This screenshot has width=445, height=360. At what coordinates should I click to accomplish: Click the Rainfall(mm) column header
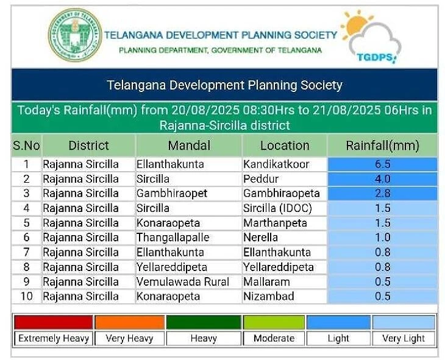click(x=382, y=146)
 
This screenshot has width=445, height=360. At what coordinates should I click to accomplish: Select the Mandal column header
click(x=189, y=146)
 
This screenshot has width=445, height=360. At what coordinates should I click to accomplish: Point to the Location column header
click(x=285, y=146)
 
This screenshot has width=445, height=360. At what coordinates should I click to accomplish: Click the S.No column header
click(x=26, y=146)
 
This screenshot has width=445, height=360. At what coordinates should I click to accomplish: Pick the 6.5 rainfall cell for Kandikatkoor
click(x=382, y=164)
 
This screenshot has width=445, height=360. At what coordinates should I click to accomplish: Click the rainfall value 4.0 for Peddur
click(x=382, y=179)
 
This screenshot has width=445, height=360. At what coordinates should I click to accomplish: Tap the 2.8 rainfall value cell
click(x=382, y=194)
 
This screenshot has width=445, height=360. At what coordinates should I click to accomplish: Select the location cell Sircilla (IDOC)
click(x=277, y=208)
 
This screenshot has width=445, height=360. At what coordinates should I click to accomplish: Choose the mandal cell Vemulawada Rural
click(x=183, y=282)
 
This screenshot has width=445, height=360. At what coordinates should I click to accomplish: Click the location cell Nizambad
click(x=269, y=297)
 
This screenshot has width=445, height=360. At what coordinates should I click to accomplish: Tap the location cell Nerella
click(x=261, y=238)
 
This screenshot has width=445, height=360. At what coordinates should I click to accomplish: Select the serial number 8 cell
click(x=26, y=267)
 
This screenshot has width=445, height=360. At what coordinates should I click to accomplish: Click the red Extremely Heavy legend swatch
click(x=54, y=322)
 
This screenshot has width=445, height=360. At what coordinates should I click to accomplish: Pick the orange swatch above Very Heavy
click(x=129, y=322)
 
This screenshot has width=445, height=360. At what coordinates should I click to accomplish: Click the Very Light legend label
click(x=404, y=338)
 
